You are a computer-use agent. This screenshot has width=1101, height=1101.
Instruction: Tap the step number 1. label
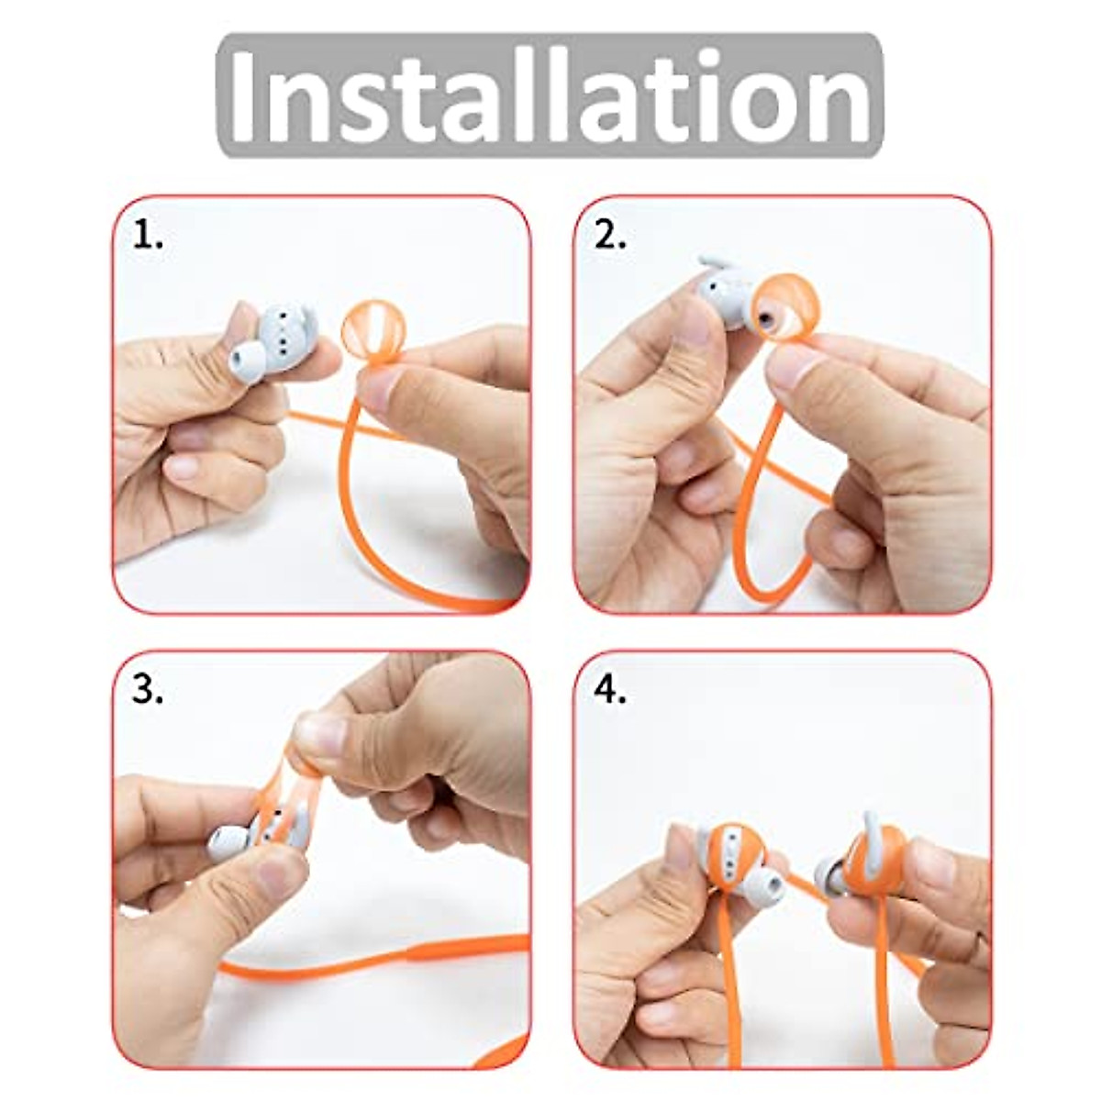(148, 237)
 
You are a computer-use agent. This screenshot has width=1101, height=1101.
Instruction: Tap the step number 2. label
(610, 237)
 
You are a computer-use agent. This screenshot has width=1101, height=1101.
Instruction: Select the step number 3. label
(148, 692)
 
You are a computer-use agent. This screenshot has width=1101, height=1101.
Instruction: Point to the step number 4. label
(610, 692)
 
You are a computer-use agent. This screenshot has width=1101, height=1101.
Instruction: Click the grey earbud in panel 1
(268, 339)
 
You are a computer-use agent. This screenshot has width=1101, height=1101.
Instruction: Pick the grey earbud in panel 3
(248, 835)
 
